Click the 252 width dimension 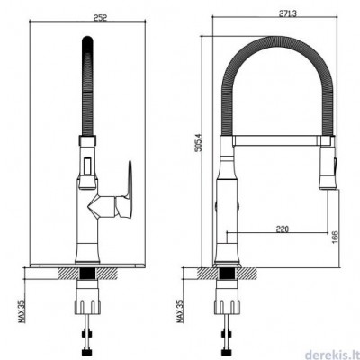[x=101, y=18]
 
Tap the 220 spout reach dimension [x=282, y=229]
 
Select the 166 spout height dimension [x=335, y=238]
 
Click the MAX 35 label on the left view [x=22, y=310]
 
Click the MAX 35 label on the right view [x=180, y=310]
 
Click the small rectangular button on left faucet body [x=87, y=166]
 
